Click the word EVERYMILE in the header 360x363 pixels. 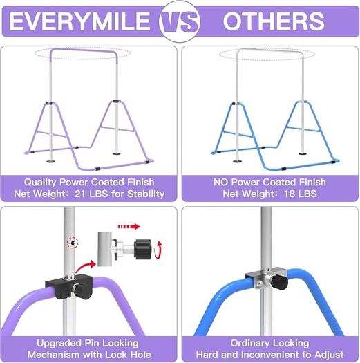point(79,21)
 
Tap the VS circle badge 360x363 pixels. point(180,21)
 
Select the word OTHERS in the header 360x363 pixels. point(274,21)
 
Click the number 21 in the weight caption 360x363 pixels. point(80,194)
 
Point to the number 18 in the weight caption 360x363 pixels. point(289,194)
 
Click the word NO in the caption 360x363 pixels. point(220,183)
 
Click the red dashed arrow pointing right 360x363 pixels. point(129,226)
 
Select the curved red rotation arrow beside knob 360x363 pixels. point(159,250)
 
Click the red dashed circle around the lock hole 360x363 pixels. point(73,243)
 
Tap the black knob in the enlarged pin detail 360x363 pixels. point(143,250)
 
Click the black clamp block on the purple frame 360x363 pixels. point(69,287)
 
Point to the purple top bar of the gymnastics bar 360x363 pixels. point(84,50)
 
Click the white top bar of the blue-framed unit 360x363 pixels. point(270,50)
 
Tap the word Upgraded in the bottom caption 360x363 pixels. point(59,344)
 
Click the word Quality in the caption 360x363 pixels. point(40,183)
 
